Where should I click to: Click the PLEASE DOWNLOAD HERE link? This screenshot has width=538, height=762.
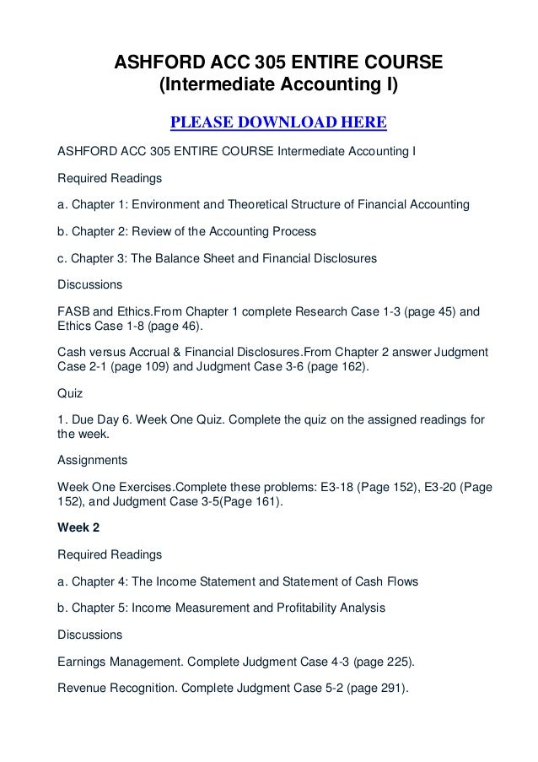278,125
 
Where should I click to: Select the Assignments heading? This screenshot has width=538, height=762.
92,460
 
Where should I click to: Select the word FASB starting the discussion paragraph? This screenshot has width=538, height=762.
73,311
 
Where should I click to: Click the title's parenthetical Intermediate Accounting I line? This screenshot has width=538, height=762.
278,86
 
